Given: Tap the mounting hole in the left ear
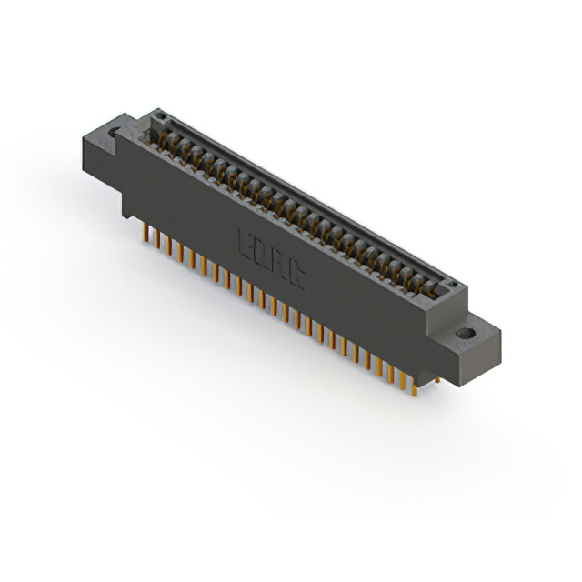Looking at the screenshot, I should coord(114,135).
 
